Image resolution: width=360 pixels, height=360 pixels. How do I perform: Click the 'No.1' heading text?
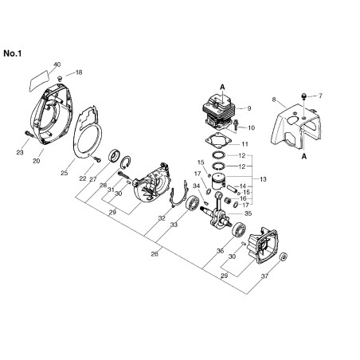[x=12, y=53]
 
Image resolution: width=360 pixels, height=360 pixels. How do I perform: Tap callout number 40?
[x=57, y=65]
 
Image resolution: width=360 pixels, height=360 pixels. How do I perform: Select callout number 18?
[x=79, y=72]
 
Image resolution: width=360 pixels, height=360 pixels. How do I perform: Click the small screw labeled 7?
[x=304, y=96]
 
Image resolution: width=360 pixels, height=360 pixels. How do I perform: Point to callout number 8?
[x=274, y=100]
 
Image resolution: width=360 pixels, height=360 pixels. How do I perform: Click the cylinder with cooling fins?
[x=219, y=112]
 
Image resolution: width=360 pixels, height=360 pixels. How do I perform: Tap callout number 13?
[x=263, y=179]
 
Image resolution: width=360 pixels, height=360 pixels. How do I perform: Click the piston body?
[x=218, y=182]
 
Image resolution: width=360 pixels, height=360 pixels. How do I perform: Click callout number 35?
[x=248, y=213]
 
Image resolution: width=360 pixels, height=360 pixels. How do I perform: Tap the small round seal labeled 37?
[x=284, y=256]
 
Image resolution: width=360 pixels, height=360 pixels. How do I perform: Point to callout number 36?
[x=220, y=251]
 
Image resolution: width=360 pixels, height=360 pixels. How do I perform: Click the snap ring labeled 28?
[x=125, y=162]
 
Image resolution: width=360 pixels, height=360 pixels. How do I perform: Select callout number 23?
[x=20, y=152]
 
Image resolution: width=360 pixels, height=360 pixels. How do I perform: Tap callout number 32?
[x=162, y=218]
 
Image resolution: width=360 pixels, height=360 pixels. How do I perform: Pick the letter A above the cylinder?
[x=222, y=87]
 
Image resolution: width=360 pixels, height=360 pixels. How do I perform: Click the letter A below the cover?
[x=304, y=157]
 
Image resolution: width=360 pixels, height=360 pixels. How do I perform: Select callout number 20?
[x=37, y=161]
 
